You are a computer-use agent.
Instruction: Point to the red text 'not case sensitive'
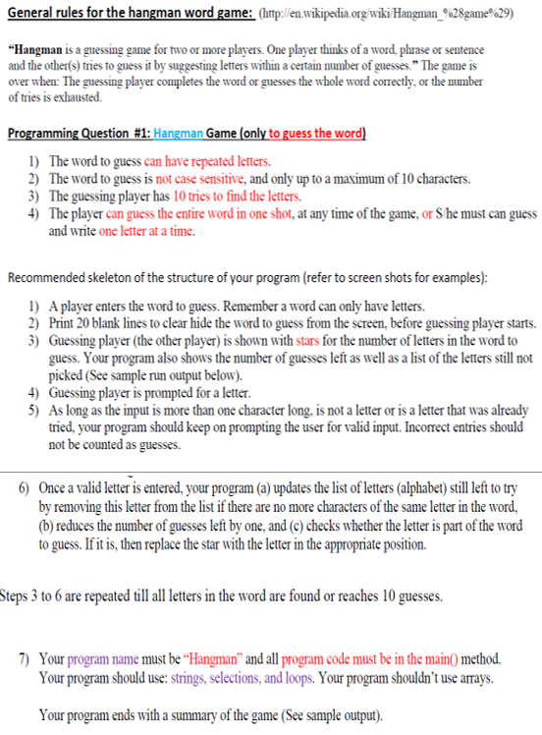tap(192, 178)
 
